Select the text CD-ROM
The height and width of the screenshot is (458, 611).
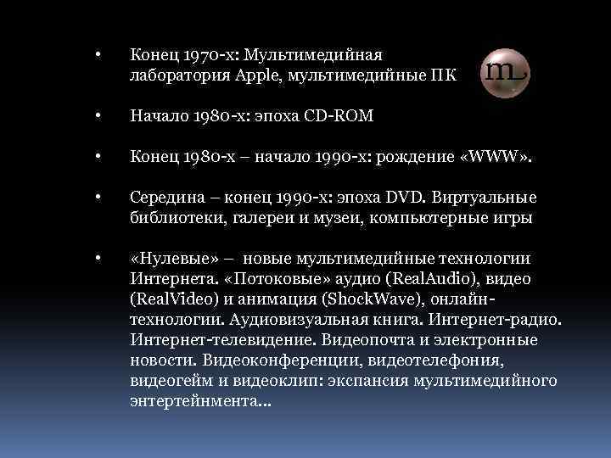340,116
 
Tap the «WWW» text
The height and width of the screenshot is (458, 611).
502,157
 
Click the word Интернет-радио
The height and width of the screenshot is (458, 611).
496,320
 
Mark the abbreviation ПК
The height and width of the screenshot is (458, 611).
446,76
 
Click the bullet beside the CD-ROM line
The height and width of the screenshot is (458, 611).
99,116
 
